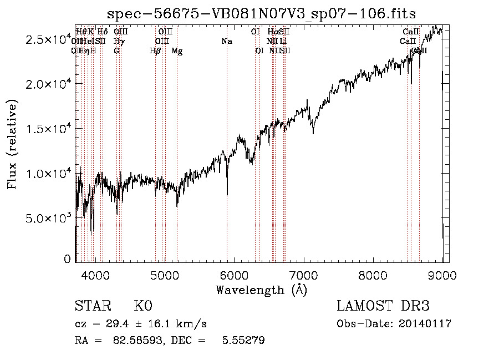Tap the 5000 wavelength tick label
click(x=165, y=275)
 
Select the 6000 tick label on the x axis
click(x=234, y=275)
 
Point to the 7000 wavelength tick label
click(x=304, y=275)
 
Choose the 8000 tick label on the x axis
click(x=373, y=275)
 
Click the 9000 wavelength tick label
click(x=442, y=275)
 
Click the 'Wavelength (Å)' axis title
click(x=261, y=290)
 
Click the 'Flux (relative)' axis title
click(x=12, y=144)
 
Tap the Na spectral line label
click(x=226, y=41)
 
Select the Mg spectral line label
click(x=177, y=51)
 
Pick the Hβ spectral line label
click(x=155, y=51)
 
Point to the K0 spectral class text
click(x=142, y=306)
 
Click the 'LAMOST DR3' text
click(x=383, y=306)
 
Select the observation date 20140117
click(x=425, y=323)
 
